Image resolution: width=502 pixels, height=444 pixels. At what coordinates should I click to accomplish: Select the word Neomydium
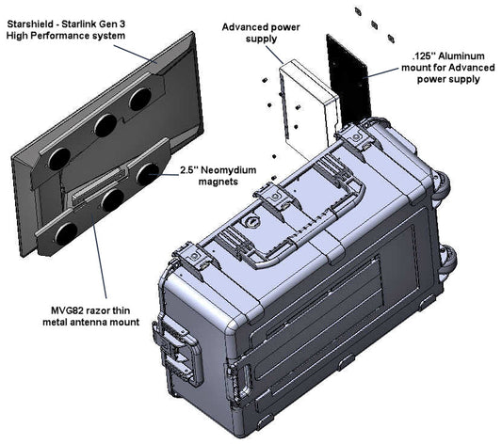coord(229,169)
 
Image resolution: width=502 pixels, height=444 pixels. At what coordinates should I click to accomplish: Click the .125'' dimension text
coord(423,55)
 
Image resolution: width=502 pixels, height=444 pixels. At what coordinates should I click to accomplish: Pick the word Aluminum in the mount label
coord(462,55)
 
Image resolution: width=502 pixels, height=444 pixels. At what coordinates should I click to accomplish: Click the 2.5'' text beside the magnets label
coord(188,169)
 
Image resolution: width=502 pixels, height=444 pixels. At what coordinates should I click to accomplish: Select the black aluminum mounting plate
coord(348,77)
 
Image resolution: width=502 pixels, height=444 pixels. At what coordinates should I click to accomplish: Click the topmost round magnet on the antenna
coord(140,99)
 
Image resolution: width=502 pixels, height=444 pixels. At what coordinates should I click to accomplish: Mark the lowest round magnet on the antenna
coord(66,233)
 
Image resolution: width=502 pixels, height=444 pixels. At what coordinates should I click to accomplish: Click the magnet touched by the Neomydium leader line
coord(147,174)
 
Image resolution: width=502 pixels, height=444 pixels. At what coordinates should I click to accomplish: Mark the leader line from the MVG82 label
coord(100,262)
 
